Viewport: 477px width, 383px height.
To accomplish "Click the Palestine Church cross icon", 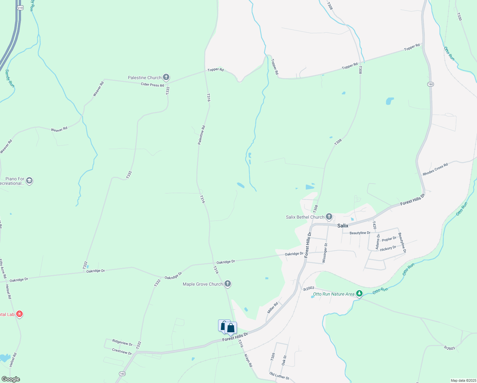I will (x=166, y=77).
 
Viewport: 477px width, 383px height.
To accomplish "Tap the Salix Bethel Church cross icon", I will (x=329, y=217).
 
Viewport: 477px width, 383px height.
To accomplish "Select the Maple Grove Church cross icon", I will (x=227, y=283).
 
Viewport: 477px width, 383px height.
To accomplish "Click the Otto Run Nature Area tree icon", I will (x=359, y=293).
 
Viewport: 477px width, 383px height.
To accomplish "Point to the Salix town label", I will (x=343, y=226).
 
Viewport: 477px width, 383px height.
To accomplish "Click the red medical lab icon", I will (x=19, y=314).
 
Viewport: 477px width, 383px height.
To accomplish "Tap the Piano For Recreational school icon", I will (x=29, y=181).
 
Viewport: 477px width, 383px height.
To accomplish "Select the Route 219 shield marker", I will (x=20, y=7).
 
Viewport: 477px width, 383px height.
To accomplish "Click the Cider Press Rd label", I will (x=152, y=85).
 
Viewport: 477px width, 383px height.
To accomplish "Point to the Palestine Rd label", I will (x=202, y=135).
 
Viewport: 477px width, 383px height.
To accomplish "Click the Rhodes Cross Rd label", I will (x=435, y=169).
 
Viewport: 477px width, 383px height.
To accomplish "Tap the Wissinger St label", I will (x=325, y=253).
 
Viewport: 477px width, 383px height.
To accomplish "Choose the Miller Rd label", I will (x=273, y=308).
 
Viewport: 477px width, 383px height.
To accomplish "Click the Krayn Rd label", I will (x=248, y=360).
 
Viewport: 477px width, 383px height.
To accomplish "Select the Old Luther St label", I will (x=279, y=376).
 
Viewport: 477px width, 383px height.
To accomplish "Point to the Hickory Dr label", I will (x=388, y=248).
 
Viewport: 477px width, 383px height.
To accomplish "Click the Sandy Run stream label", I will (x=10, y=79).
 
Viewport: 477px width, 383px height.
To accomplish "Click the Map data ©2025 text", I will (x=463, y=380).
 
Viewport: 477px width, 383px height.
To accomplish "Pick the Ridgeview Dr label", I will (x=122, y=342).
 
